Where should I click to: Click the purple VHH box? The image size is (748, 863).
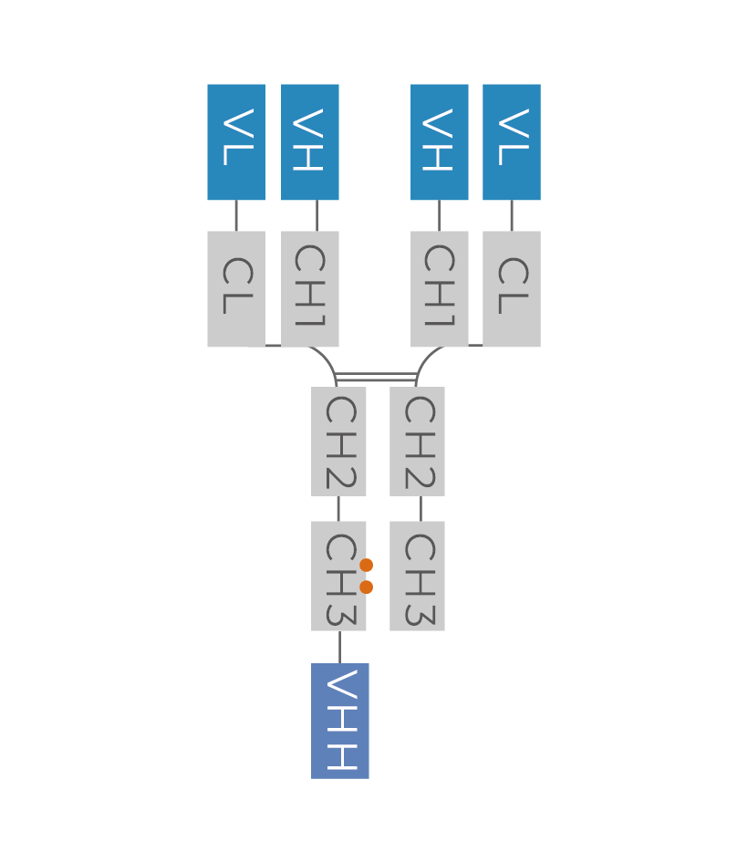[339, 721]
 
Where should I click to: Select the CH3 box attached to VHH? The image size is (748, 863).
[338, 576]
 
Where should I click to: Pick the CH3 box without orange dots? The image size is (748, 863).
[417, 576]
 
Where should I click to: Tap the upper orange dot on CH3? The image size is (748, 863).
[367, 566]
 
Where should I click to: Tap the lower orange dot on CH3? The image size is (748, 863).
[367, 587]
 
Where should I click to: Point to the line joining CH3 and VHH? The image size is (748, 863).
[339, 647]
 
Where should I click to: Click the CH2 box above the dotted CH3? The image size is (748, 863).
[338, 442]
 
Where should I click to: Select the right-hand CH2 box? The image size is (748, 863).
[417, 442]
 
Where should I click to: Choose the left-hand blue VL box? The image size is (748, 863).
[236, 141]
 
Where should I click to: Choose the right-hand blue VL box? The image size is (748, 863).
[512, 141]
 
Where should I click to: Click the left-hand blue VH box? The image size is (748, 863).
[310, 141]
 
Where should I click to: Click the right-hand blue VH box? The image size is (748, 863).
[440, 141]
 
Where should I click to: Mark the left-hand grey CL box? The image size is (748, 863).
[236, 288]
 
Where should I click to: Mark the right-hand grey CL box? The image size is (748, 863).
[512, 288]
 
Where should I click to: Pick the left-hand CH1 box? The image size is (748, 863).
[310, 288]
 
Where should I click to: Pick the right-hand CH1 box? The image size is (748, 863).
[440, 288]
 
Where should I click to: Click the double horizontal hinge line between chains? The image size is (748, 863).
[377, 376]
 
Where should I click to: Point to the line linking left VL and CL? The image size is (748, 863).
[236, 215]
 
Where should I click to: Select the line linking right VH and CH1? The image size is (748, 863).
[440, 215]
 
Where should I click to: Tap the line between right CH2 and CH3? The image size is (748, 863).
[421, 508]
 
